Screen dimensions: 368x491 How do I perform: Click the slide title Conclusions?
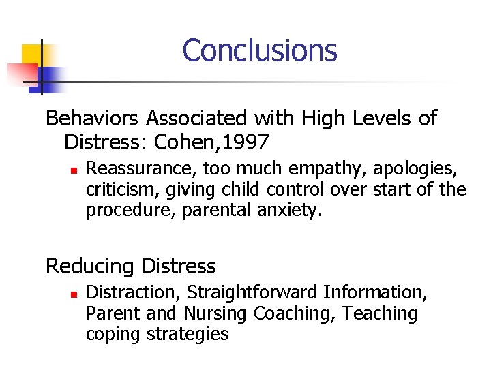pos(260,50)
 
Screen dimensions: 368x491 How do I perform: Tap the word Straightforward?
pos(252,292)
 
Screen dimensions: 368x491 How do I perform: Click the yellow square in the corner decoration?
pos(32,55)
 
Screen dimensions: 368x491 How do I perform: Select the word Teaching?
pos(380,313)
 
